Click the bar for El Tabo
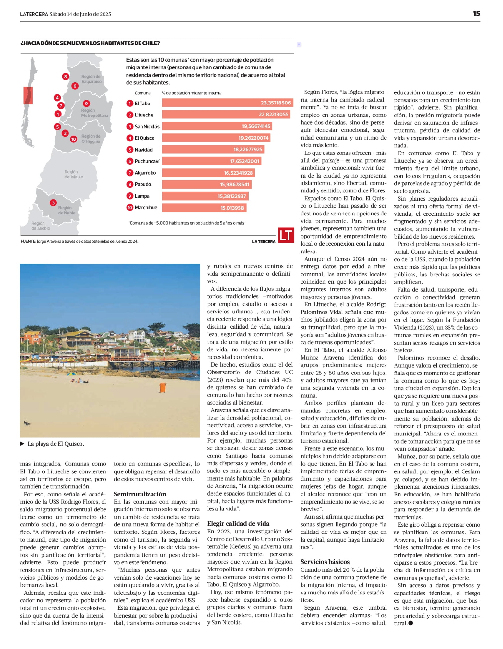click(x=227, y=103)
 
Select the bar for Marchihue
click(x=204, y=208)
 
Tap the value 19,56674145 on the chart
click(x=256, y=126)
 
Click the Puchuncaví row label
click(x=147, y=161)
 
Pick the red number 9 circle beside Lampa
click(x=130, y=196)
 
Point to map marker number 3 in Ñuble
click(x=53, y=203)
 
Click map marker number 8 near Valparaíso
click(x=66, y=77)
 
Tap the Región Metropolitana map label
click(x=94, y=113)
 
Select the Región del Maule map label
click(x=74, y=174)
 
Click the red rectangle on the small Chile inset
click(x=28, y=95)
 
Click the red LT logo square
click(x=286, y=235)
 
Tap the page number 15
click(x=476, y=14)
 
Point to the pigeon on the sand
click(x=27, y=423)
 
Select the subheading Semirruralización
click(x=140, y=494)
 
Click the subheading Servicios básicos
click(x=325, y=562)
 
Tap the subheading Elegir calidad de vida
click(x=238, y=523)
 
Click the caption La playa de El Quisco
click(x=55, y=444)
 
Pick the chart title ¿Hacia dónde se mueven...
click(x=90, y=43)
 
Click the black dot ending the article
click(x=411, y=623)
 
